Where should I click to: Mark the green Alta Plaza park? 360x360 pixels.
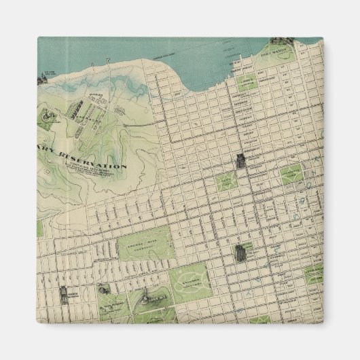point(226,181)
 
